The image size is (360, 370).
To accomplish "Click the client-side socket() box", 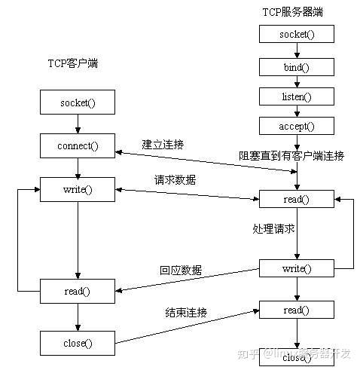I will pyautogui.click(x=77, y=101).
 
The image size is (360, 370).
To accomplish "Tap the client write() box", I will pyautogui.click(x=77, y=188).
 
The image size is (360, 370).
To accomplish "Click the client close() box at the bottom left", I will pyautogui.click(x=77, y=343).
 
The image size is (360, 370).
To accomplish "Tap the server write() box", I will pyautogui.click(x=296, y=268).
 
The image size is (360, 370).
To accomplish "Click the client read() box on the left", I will pyautogui.click(x=77, y=291).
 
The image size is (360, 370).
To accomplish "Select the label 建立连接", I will pyautogui.click(x=163, y=143).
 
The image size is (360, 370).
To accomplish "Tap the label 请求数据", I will pyautogui.click(x=174, y=180).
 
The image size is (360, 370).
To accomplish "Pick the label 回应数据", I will pyautogui.click(x=180, y=270).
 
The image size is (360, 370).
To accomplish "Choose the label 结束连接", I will pyautogui.click(x=186, y=311).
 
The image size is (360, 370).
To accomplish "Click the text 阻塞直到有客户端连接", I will pyautogui.click(x=291, y=156).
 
